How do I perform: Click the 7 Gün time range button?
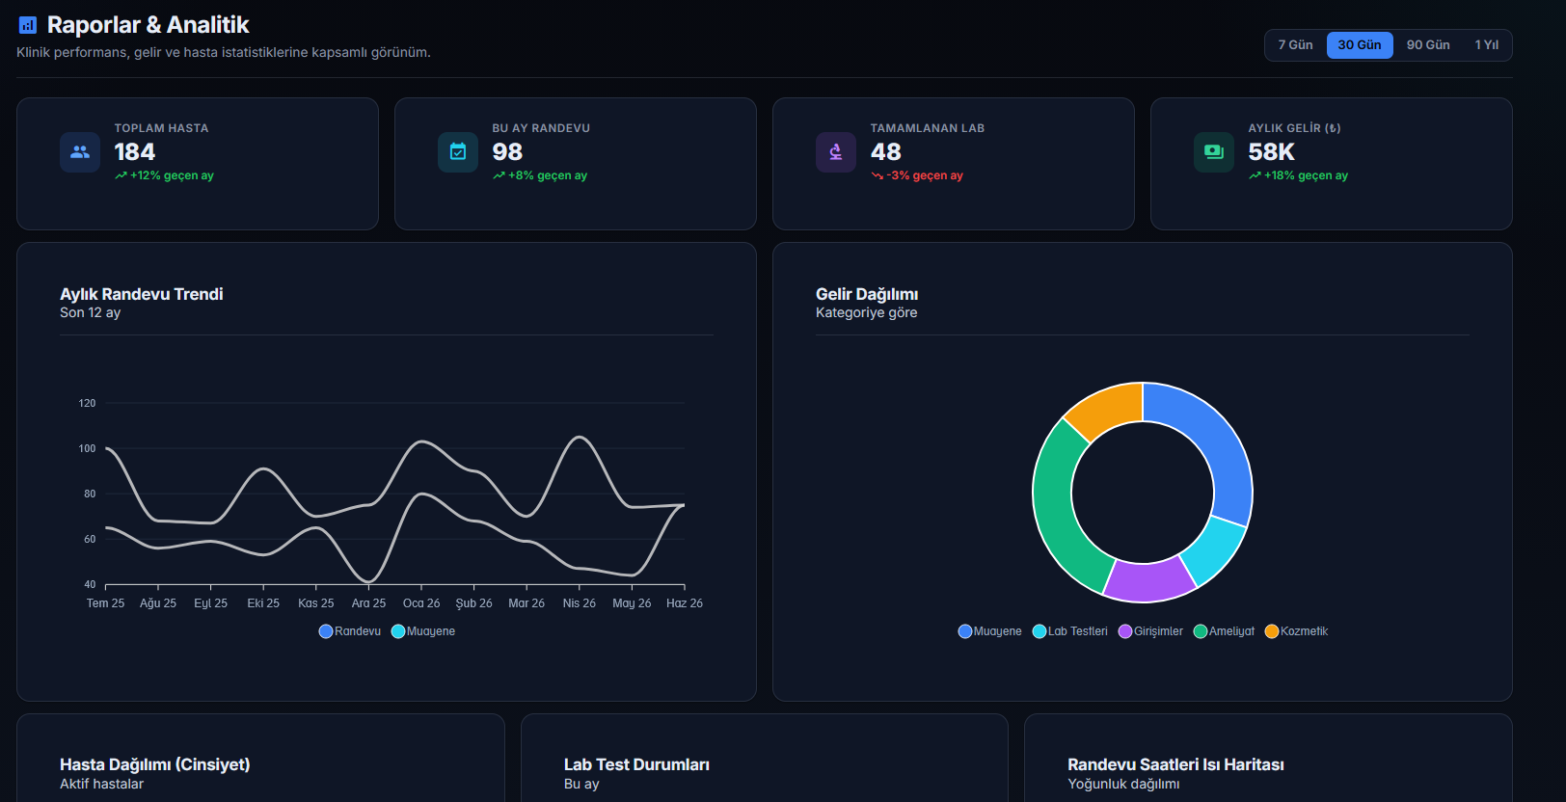click(x=1295, y=45)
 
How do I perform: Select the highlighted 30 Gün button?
click(x=1360, y=45)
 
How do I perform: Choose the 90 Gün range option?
click(x=1428, y=45)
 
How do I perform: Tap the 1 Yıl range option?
click(x=1486, y=45)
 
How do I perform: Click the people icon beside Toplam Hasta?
click(x=80, y=151)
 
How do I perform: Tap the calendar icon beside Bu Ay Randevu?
click(x=458, y=151)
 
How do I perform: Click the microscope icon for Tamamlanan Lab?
click(x=835, y=151)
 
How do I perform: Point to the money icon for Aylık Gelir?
click(x=1214, y=151)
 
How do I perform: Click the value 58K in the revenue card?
click(x=1272, y=151)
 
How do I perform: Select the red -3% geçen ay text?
click(x=924, y=175)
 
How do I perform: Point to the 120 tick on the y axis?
click(x=87, y=403)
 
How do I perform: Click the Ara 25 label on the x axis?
click(x=368, y=602)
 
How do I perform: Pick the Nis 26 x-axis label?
click(x=579, y=602)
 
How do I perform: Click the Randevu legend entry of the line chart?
click(x=349, y=631)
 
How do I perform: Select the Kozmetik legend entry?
click(x=1296, y=631)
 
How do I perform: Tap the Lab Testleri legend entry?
click(x=1070, y=631)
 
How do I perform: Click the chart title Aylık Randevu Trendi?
click(x=141, y=294)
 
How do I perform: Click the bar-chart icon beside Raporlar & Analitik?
click(x=27, y=25)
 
